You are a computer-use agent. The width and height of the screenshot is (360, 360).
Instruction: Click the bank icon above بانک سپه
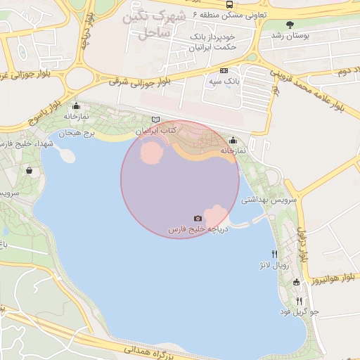[224, 70]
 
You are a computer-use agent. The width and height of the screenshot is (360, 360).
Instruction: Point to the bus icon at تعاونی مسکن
[229, 4]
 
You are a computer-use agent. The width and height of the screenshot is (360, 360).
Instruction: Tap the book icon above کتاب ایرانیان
[156, 120]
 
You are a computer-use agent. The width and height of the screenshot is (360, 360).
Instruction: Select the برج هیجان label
[76, 131]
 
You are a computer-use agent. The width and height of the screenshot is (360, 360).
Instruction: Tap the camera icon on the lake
[198, 219]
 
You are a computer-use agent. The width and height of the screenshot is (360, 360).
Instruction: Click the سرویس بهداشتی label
[269, 200]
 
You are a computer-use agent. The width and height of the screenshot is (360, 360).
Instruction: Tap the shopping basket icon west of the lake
[29, 170]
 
